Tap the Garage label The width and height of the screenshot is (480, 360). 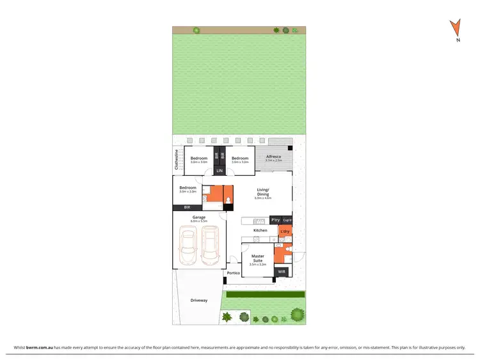pos(198,217)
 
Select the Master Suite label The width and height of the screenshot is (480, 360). pos(257,258)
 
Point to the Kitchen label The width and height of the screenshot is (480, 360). pos(260,230)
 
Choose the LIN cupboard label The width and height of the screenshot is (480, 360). pos(219,171)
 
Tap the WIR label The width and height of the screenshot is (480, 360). pos(281,272)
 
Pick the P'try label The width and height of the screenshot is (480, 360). pos(275,220)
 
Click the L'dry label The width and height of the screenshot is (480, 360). pos(285,231)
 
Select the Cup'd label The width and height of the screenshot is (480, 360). pos(287,220)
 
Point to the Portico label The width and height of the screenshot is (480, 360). pos(234,273)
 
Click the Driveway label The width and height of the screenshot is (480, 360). pos(199,301)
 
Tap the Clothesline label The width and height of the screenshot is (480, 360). pos(177,160)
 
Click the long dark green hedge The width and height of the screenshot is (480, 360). pos(264,295)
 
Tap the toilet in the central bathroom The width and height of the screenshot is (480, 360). pos(228,203)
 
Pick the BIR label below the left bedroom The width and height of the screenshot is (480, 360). pos(187,208)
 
